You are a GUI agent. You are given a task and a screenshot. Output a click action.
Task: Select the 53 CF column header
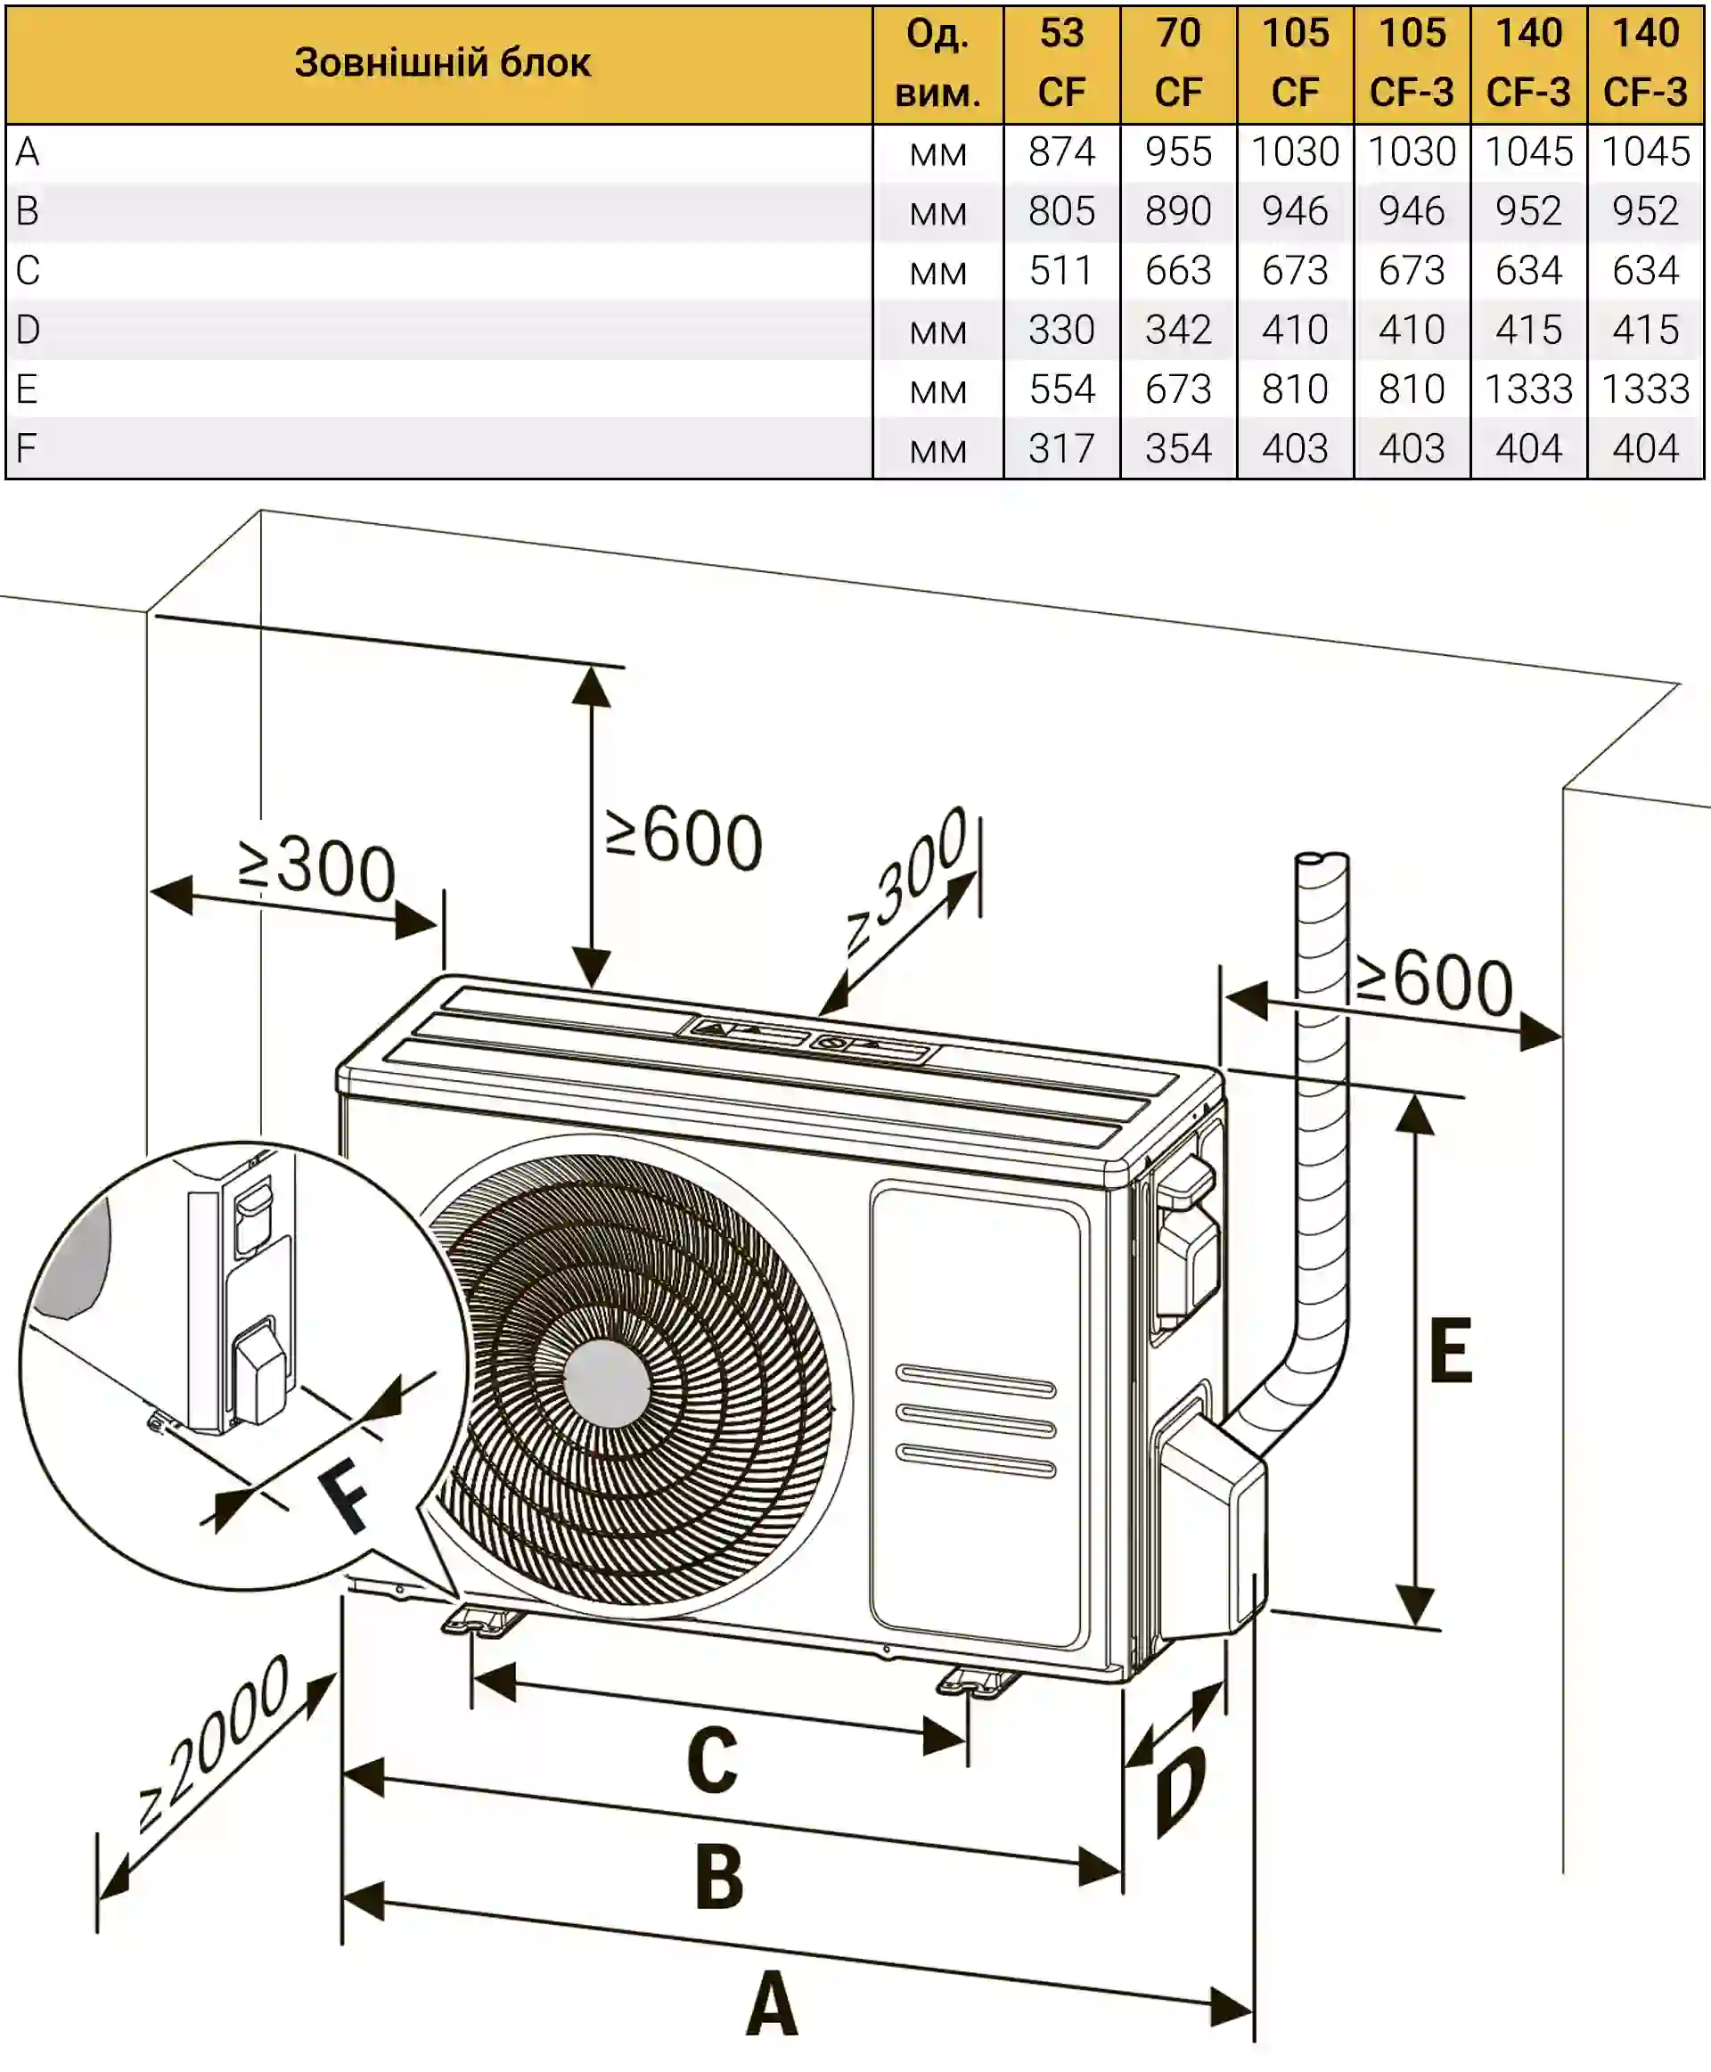point(1061,64)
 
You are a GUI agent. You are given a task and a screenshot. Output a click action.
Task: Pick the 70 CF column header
point(1178,64)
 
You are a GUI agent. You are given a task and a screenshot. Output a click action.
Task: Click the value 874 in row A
point(1061,152)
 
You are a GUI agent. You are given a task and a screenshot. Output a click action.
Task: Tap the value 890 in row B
point(1178,212)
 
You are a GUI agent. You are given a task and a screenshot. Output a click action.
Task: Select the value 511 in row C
point(1061,271)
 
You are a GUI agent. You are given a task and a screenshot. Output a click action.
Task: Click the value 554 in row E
point(1061,389)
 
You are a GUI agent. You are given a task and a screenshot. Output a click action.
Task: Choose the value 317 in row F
point(1061,449)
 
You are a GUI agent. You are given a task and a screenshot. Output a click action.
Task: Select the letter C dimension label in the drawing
point(712,1760)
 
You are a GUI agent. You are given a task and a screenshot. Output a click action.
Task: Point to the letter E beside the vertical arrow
point(1451,1350)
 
